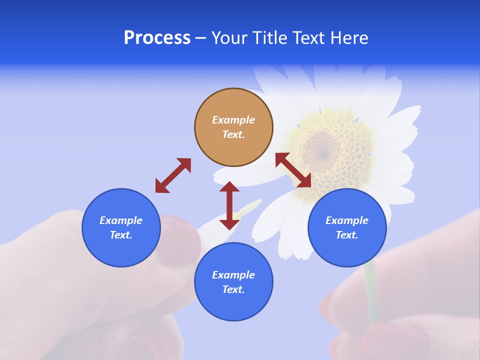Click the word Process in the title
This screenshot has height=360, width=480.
pyautogui.click(x=157, y=38)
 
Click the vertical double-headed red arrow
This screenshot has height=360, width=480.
pyautogui.click(x=229, y=205)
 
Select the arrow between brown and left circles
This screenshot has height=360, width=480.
pyautogui.click(x=173, y=175)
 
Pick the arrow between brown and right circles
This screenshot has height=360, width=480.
pyautogui.click(x=293, y=170)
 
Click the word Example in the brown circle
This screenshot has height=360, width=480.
pyautogui.click(x=233, y=120)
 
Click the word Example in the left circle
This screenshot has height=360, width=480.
pyautogui.click(x=121, y=220)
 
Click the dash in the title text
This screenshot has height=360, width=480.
pyautogui.click(x=200, y=38)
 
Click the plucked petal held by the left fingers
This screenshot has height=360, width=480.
pyautogui.click(x=210, y=225)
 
